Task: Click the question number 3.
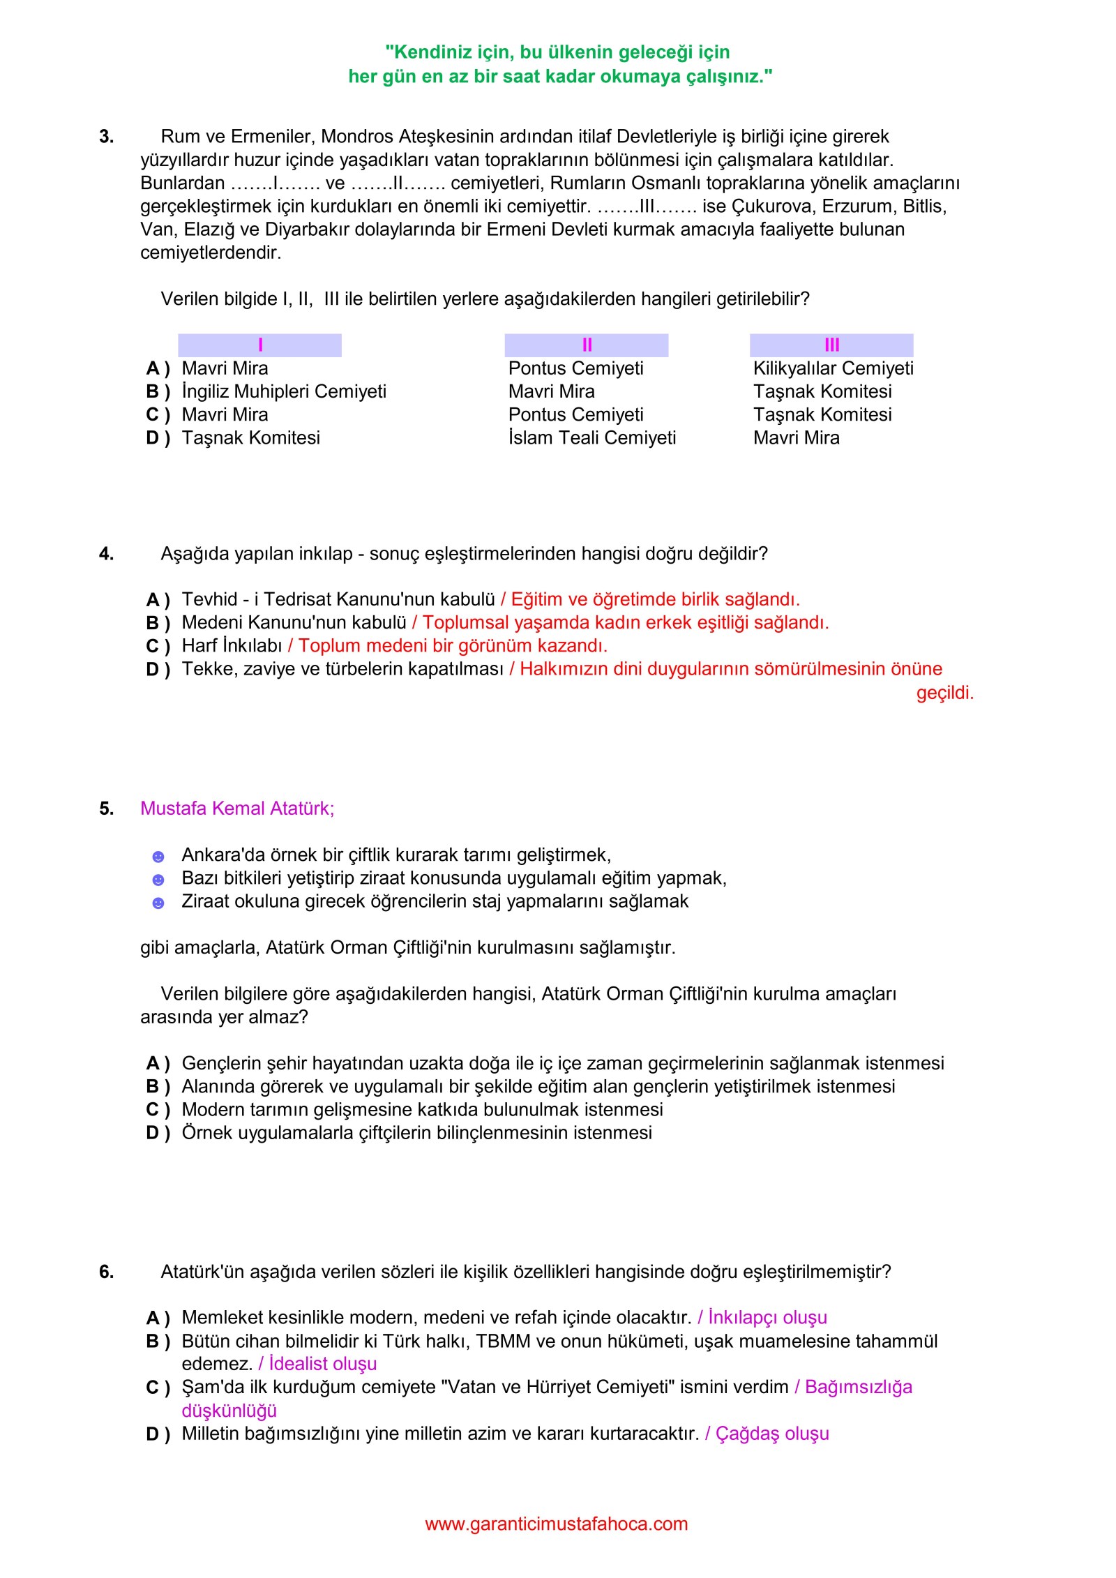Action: [106, 137]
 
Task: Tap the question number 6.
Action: [106, 1272]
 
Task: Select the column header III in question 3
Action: [831, 345]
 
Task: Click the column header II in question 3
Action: [587, 345]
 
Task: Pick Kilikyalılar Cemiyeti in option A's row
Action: [833, 368]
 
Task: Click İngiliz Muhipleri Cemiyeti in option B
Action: [284, 391]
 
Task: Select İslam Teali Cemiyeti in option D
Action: [592, 438]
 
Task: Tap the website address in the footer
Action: [557, 1524]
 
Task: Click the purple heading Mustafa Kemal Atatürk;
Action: [237, 809]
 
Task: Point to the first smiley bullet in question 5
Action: [158, 857]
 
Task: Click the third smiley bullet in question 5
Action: [158, 903]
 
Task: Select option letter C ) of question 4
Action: [158, 646]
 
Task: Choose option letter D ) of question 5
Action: [158, 1133]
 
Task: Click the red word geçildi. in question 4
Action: [944, 693]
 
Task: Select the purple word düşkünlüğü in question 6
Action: [229, 1411]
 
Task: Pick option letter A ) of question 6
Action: [158, 1318]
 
